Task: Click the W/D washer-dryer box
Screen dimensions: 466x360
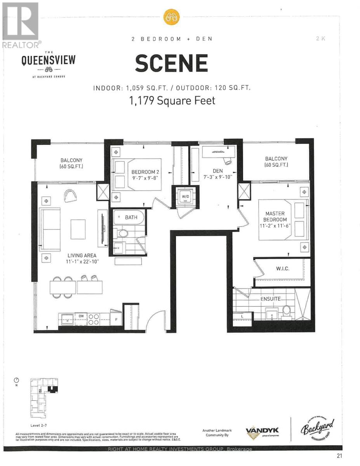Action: [x=185, y=196]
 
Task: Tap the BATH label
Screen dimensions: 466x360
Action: [x=131, y=217]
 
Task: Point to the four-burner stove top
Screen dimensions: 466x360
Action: [x=94, y=319]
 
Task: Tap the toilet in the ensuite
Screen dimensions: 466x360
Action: [x=287, y=311]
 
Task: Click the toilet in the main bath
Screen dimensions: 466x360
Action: [x=123, y=233]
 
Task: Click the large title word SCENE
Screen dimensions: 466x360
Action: [x=171, y=63]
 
